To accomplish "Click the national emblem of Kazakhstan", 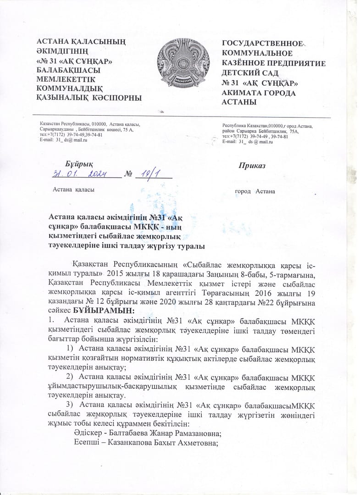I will tap(180, 69).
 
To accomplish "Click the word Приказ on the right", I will tap(251, 166).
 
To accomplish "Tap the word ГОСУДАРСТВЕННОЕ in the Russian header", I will tap(263, 44).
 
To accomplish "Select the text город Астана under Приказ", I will tap(255, 191).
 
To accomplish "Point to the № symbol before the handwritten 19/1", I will tap(129, 174).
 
